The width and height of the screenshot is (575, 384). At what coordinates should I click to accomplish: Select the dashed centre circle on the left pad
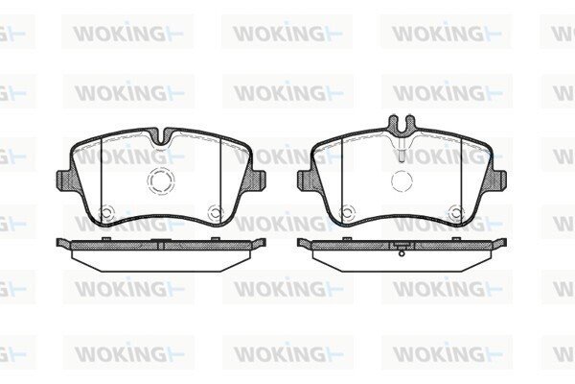[x=161, y=180]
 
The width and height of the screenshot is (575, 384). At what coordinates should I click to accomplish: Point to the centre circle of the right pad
[x=402, y=180]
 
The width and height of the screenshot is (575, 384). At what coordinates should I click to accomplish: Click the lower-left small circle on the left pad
[x=106, y=212]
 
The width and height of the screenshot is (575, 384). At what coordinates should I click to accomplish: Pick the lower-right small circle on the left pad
[x=216, y=212]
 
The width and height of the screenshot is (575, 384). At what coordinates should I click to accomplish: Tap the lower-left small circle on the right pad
[x=347, y=212]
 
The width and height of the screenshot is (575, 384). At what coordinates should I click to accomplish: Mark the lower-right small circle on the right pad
[x=456, y=212]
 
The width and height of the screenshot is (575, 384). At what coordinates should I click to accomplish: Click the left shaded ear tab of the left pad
[x=64, y=180]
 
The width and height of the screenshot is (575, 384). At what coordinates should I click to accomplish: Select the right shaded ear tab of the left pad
[x=256, y=180]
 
